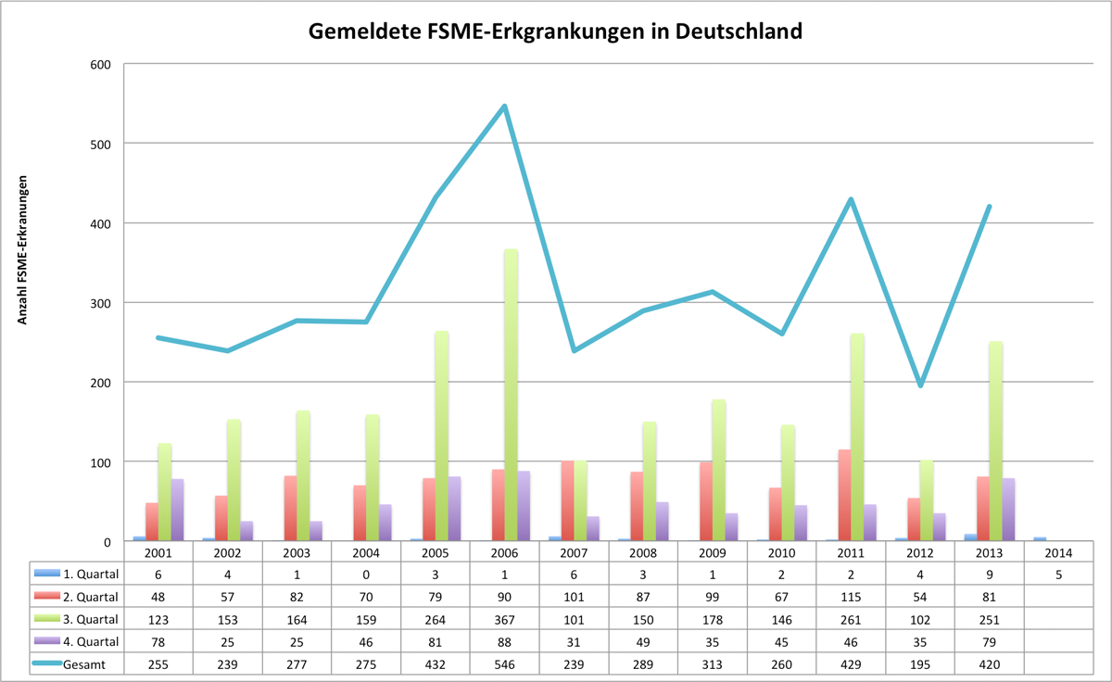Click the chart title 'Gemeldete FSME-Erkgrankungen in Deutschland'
point(555,32)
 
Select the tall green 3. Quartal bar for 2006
point(511,395)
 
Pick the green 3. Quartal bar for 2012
point(926,500)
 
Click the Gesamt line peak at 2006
point(504,107)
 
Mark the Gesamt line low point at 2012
point(920,385)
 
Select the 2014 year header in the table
point(1059,552)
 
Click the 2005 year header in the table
point(435,552)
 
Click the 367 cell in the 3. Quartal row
point(504,618)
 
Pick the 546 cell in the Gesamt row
point(504,663)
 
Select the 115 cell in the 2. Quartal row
point(851,596)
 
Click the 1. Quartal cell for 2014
point(1059,574)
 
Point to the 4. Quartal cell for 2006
point(504,640)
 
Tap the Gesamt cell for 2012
point(920,663)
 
